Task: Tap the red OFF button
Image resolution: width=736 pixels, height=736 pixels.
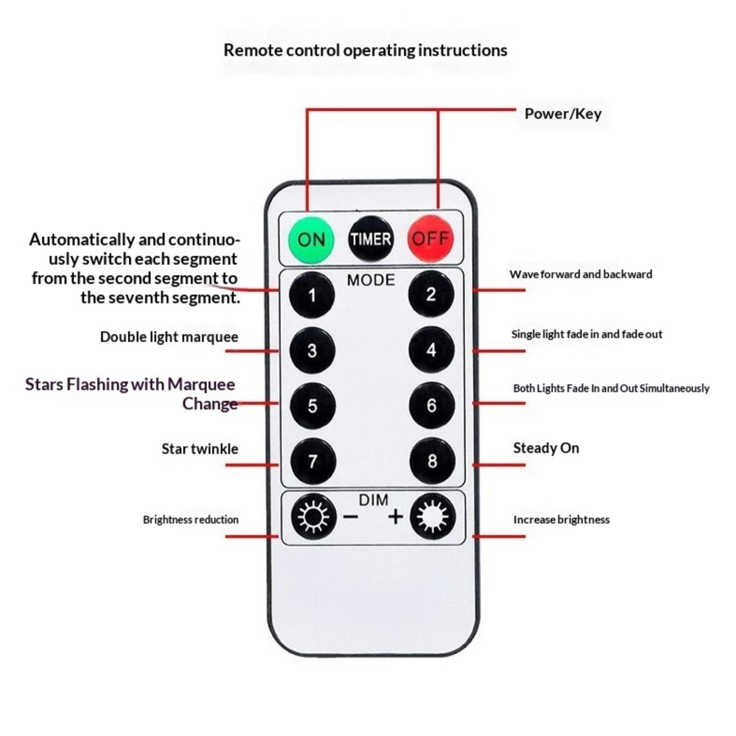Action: tap(430, 238)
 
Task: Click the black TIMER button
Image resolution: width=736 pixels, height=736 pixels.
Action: tap(371, 239)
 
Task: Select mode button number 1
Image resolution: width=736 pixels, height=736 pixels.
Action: tap(312, 295)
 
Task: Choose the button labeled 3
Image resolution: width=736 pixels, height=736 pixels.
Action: tap(312, 351)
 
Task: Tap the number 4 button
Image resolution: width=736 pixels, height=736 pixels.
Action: tap(431, 350)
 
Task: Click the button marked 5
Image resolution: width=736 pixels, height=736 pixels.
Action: tap(313, 406)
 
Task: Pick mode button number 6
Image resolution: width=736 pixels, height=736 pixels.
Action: tap(431, 405)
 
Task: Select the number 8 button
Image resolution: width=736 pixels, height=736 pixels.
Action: tap(432, 461)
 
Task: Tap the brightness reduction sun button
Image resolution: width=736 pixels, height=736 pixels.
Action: tap(313, 517)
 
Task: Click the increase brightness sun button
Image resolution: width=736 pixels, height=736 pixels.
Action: tap(432, 517)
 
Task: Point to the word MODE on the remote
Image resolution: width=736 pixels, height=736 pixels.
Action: tap(371, 280)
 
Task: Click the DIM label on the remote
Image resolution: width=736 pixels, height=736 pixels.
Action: tap(373, 500)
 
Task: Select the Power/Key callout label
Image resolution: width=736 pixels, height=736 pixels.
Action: tap(563, 114)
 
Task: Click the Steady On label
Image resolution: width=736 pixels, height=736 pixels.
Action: tap(546, 448)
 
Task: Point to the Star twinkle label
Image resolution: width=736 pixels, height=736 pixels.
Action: tap(200, 449)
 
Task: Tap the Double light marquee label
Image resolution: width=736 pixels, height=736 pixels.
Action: tap(169, 337)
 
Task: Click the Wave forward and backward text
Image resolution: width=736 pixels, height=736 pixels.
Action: tap(581, 274)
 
